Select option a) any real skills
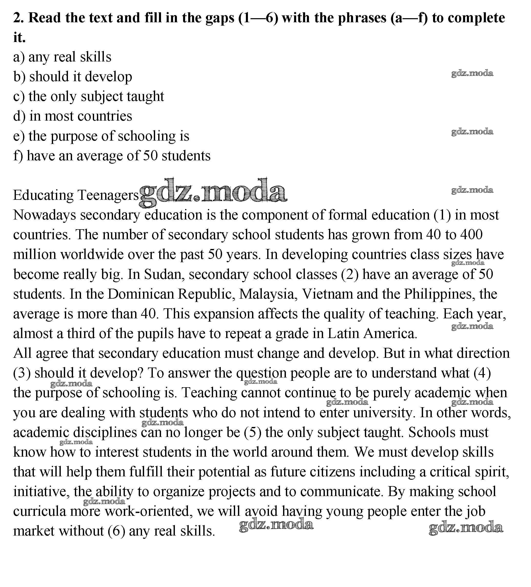[62, 57]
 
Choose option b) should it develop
[73, 77]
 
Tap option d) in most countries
[73, 117]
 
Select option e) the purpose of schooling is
[101, 136]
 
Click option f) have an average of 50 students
[112, 156]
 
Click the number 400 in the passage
[471, 235]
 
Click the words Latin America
[372, 334]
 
